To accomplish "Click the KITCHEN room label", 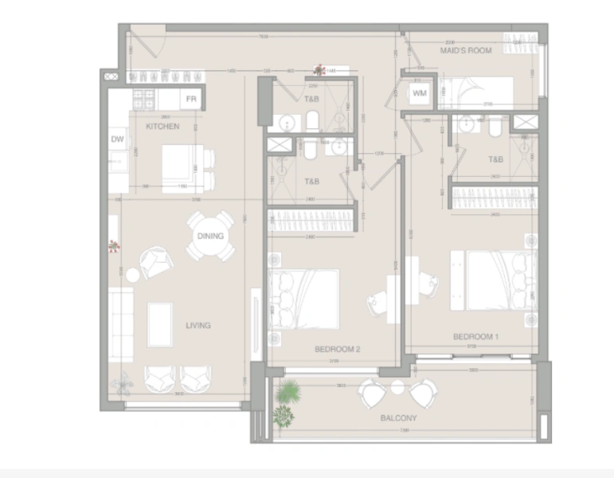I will click(162, 126).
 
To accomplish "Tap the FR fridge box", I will click(191, 99).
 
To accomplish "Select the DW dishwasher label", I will click(117, 140).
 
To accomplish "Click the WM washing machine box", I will click(420, 93).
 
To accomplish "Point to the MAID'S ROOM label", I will click(466, 50).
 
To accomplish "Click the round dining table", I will click(211, 236).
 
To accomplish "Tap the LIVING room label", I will click(198, 325).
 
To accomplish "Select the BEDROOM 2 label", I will click(338, 349).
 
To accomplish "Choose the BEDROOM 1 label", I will click(475, 336).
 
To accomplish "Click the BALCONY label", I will click(398, 417).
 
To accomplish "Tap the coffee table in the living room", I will click(159, 324).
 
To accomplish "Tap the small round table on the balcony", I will click(397, 387).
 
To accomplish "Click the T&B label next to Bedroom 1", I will click(495, 160).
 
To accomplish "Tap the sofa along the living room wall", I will click(120, 325).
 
